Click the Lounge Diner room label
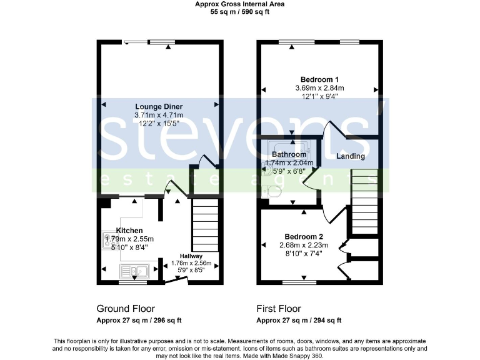[x=159, y=106]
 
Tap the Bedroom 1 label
[x=319, y=79]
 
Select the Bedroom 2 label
[x=304, y=236]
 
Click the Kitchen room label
[x=129, y=231]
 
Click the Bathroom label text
[x=289, y=154]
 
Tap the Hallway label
[x=191, y=256]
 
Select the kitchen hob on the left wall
[x=107, y=239]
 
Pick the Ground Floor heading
[x=126, y=309]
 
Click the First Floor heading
[x=279, y=309]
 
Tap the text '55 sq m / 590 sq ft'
[x=239, y=11]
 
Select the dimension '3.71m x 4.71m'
[x=159, y=116]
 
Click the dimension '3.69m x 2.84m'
[x=319, y=88]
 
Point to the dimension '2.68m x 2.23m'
[x=304, y=245]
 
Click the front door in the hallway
[x=176, y=281]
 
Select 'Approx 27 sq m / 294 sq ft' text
[x=299, y=321]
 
